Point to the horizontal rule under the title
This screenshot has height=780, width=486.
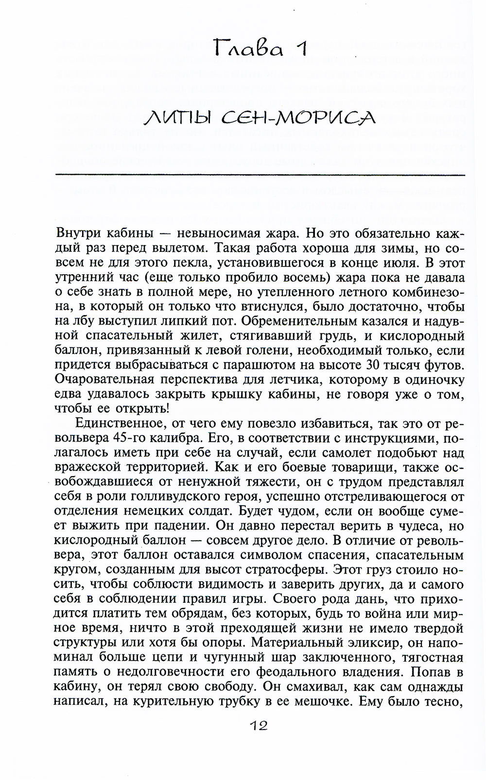pyautogui.click(x=260, y=174)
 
